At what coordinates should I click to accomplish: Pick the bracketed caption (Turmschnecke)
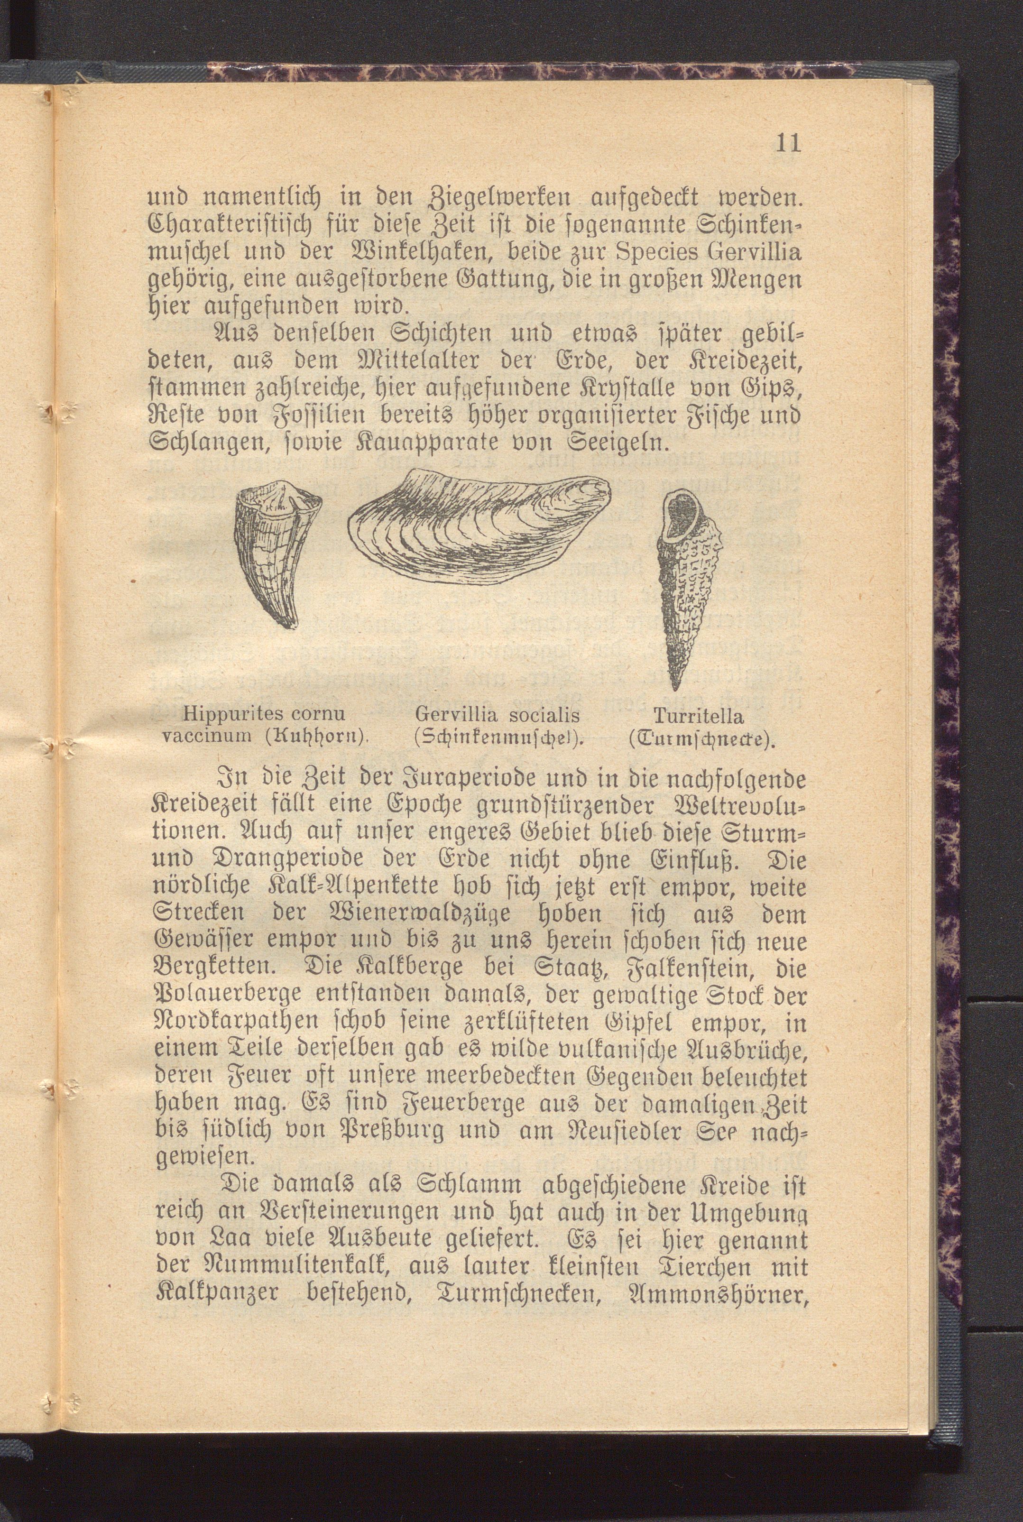(700, 740)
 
